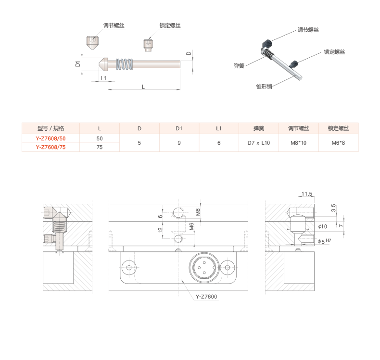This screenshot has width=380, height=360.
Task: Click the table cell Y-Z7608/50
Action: tap(51, 138)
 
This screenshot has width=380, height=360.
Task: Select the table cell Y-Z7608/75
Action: tap(51, 148)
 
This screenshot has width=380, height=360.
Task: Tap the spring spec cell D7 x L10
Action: tap(259, 143)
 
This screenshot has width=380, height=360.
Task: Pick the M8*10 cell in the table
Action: tap(298, 143)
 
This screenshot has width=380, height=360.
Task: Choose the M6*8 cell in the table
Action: tap(338, 143)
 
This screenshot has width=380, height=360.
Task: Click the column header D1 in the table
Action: tap(179, 128)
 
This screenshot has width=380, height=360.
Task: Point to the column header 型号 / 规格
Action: tap(51, 128)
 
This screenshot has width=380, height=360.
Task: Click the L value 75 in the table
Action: tap(100, 148)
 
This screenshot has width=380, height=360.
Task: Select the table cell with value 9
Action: tap(179, 143)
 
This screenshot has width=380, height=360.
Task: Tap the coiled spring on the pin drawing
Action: tap(125, 63)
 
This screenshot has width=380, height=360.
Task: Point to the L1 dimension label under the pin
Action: tap(103, 78)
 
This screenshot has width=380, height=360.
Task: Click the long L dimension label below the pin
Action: tap(143, 87)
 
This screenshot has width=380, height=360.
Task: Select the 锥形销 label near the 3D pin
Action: tap(264, 87)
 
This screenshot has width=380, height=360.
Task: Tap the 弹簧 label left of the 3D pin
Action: tap(239, 66)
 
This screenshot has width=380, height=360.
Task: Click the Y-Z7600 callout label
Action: tap(207, 297)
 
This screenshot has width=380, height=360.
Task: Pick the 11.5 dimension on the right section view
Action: tap(306, 194)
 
